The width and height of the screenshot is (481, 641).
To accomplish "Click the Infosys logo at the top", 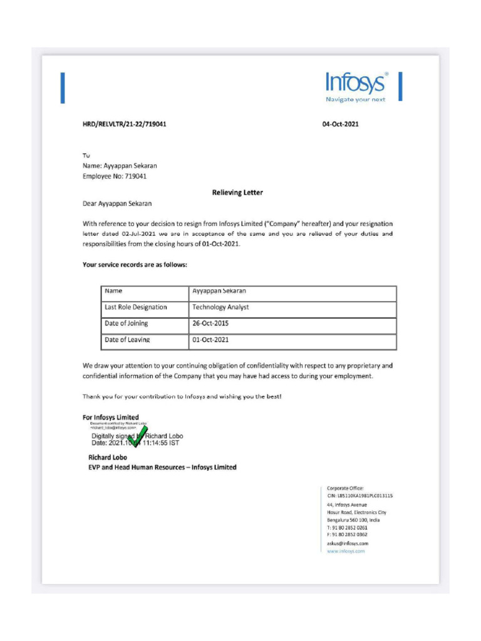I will point(356,83).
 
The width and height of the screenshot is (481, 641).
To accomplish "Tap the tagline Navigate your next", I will point(355,100).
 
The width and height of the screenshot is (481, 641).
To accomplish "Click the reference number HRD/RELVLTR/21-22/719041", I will point(124,124).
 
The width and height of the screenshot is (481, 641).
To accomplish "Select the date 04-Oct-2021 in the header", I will point(340,124).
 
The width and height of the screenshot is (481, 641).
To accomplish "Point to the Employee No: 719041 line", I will point(115,177).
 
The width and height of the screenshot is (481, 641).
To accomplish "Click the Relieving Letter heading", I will point(237,192).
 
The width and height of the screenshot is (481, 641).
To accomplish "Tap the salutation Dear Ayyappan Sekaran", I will point(117,203).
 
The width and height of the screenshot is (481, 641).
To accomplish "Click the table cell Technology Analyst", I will point(220,307).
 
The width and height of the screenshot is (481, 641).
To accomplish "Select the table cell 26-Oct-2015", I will point(210,324).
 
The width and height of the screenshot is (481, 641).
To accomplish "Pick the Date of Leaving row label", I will point(127,340).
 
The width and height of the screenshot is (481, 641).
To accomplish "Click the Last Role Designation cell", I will point(136,307).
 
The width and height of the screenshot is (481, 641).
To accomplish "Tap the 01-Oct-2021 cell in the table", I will point(210,340).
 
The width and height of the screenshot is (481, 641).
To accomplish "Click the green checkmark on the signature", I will point(137,436).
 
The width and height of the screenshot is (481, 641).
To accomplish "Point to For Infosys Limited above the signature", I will point(111,417).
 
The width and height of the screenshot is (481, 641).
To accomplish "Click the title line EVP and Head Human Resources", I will point(162,467).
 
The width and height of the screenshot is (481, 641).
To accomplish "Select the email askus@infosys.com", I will point(347,543).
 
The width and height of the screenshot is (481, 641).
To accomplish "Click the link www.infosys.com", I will point(346,551).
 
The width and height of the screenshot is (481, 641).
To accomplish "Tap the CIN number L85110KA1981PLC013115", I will point(359,496).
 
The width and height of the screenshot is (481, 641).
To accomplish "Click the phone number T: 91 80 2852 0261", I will point(347,528).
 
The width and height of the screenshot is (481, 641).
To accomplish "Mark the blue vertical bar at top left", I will point(63,88).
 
